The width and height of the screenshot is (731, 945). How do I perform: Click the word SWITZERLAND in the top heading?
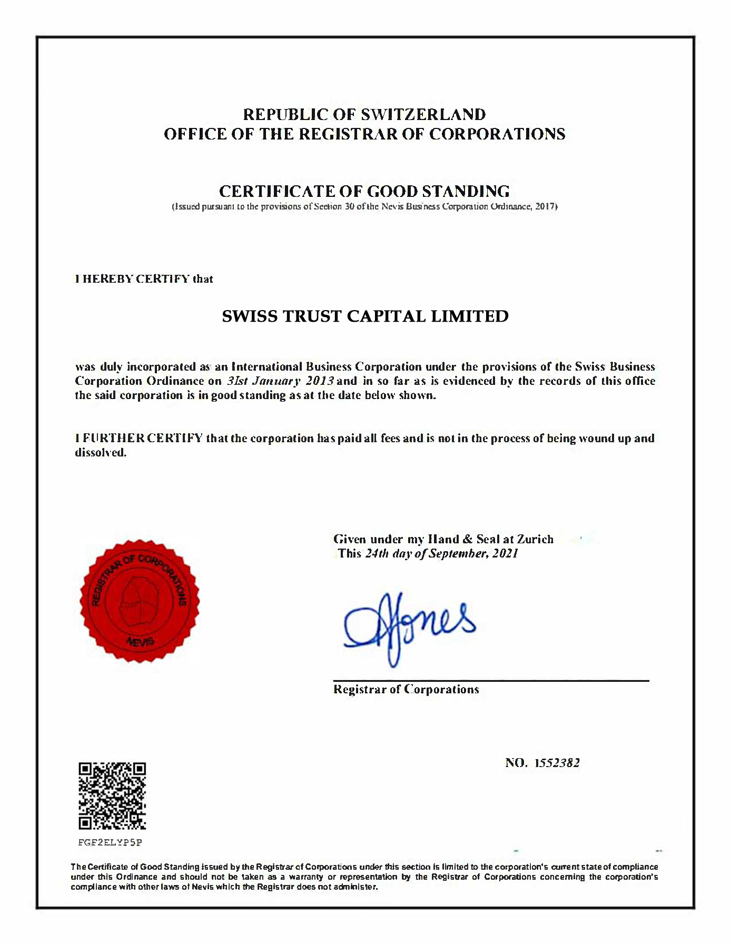(423, 114)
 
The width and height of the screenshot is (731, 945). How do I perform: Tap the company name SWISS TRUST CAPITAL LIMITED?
(365, 316)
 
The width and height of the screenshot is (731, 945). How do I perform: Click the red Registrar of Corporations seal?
(140, 601)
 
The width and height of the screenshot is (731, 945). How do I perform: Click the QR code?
(112, 795)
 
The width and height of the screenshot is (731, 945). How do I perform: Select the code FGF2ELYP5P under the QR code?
(110, 842)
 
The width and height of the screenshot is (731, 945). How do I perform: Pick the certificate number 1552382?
(557, 763)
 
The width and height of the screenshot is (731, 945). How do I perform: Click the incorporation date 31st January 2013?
(280, 381)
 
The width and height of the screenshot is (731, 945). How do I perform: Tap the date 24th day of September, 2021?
(441, 553)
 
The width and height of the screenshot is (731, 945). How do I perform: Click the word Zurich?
(535, 539)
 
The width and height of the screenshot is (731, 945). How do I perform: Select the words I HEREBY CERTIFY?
(132, 279)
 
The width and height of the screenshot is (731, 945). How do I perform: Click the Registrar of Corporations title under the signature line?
(406, 689)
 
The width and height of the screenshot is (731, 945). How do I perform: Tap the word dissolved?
(101, 452)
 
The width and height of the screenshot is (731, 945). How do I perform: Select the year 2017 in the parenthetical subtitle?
(545, 206)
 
